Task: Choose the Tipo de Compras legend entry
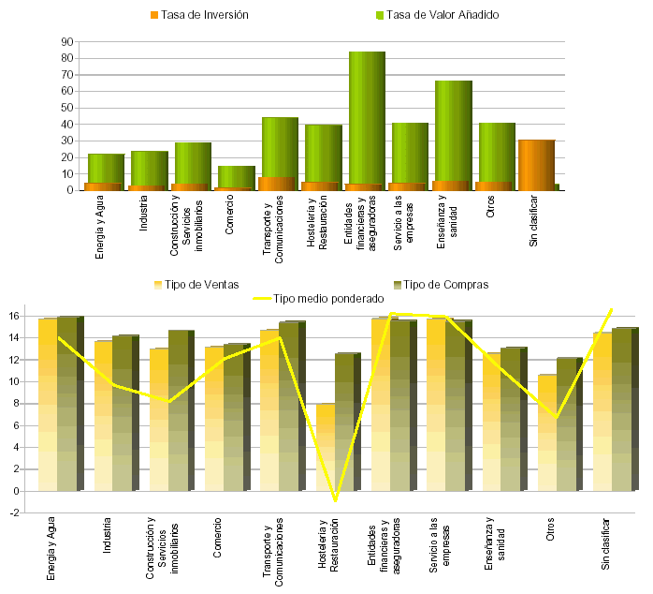point(445,285)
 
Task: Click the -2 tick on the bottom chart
point(14,512)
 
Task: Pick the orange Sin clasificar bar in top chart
point(535,165)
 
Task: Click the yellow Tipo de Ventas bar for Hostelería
point(325,440)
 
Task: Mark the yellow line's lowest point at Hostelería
point(336,500)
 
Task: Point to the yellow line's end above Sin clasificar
point(612,309)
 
